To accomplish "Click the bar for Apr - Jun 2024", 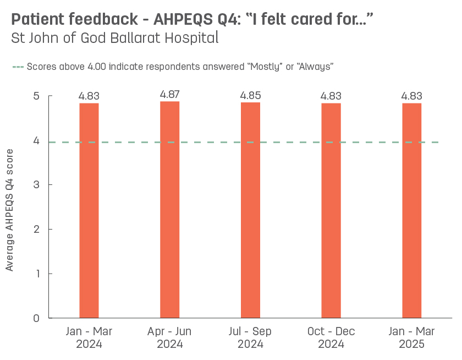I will pyautogui.click(x=169, y=209).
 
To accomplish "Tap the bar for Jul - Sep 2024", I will pyautogui.click(x=250, y=210).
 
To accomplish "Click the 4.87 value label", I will pyautogui.click(x=169, y=94).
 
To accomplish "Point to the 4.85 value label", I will pyautogui.click(x=250, y=95).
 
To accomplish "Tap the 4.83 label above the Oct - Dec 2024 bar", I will pyautogui.click(x=331, y=96).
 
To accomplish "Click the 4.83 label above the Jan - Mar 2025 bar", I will pyautogui.click(x=411, y=96).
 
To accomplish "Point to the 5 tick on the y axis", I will pyautogui.click(x=36, y=96).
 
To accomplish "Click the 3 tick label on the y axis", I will pyautogui.click(x=36, y=185).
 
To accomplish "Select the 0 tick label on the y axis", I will pyautogui.click(x=36, y=318).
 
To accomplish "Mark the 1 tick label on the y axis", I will pyautogui.click(x=36, y=274).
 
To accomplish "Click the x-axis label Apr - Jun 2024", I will pyautogui.click(x=169, y=338).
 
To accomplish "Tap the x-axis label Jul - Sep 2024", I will pyautogui.click(x=250, y=338).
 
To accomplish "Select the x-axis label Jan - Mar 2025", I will pyautogui.click(x=411, y=338).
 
